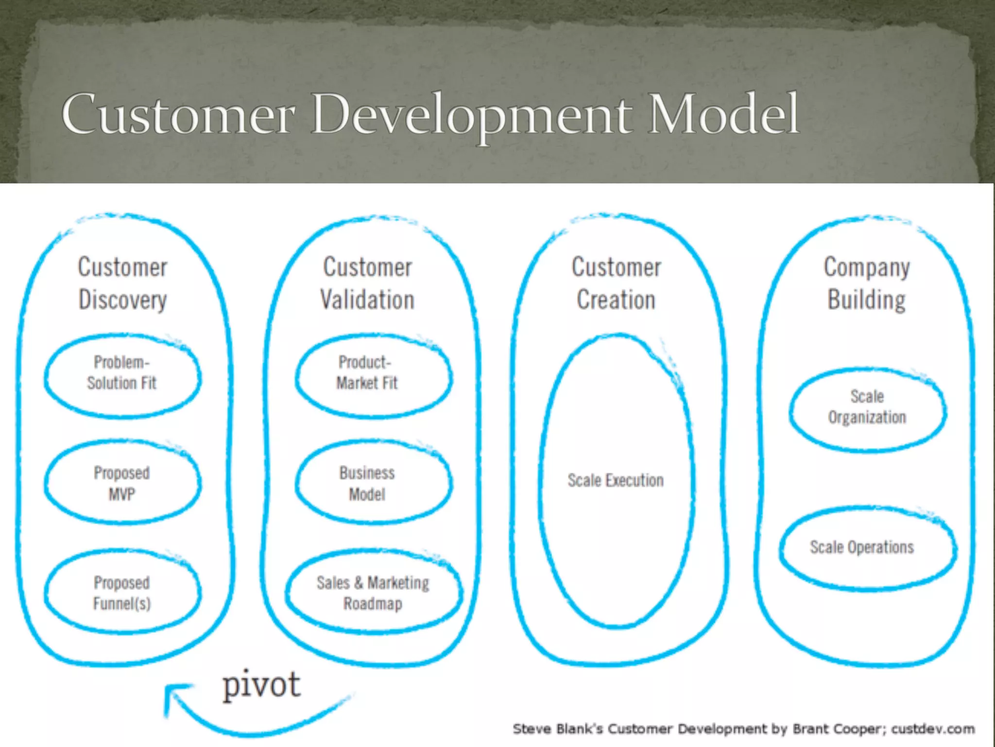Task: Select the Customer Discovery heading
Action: click(122, 283)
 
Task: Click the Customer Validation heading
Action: click(367, 283)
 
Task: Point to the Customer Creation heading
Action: click(616, 283)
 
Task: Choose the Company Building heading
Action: click(867, 283)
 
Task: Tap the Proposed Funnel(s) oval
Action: click(122, 593)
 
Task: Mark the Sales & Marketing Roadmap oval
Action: click(373, 593)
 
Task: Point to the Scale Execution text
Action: click(616, 480)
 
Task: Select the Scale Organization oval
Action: click(867, 408)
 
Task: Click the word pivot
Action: click(261, 685)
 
